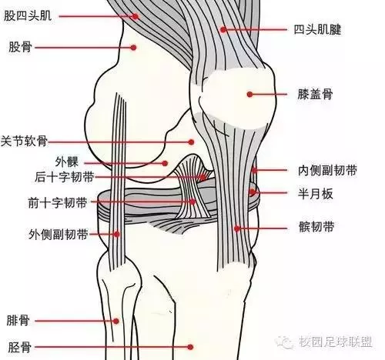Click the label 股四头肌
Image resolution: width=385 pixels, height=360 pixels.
point(28,16)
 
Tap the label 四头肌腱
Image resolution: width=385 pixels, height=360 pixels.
point(317,29)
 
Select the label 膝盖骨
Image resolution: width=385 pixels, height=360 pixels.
point(315,95)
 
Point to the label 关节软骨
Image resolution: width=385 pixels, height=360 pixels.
point(24,141)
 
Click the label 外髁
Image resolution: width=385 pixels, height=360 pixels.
point(67,162)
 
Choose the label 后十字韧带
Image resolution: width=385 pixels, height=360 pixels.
point(64,177)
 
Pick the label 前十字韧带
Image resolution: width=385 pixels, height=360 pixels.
point(58,202)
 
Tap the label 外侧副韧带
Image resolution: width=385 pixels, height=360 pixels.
point(59,234)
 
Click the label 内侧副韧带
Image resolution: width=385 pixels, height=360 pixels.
point(327,171)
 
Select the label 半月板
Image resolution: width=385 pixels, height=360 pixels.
point(315,194)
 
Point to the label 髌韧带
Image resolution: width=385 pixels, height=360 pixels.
point(316,227)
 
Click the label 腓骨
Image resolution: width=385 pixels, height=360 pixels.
point(18,321)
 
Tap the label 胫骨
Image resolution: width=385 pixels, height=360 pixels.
point(20,348)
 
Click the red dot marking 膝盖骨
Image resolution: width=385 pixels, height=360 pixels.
point(249,95)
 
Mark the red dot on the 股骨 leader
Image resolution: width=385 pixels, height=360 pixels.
point(133,48)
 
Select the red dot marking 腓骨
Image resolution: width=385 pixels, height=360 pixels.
point(116,321)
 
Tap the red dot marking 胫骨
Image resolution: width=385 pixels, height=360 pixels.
point(190,347)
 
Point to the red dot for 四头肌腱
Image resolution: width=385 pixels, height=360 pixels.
point(223,30)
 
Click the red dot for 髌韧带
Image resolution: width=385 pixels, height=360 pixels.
point(237,228)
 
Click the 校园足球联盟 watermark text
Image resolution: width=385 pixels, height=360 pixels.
point(336,342)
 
